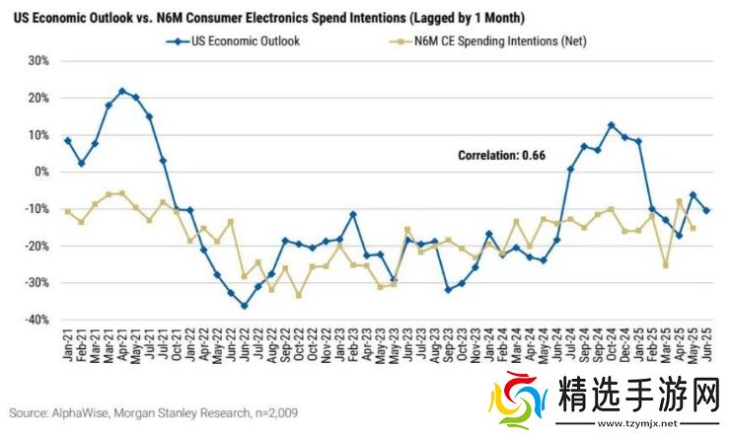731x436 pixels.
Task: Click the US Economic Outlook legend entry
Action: tap(242, 41)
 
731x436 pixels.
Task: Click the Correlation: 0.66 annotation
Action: tap(500, 155)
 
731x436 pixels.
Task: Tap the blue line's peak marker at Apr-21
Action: tap(121, 91)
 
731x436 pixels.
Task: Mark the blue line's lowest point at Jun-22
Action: tap(244, 306)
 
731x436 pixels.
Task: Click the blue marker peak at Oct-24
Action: tap(612, 125)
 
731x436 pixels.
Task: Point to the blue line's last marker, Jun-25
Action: tap(706, 210)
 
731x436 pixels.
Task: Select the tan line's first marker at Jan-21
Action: tap(67, 212)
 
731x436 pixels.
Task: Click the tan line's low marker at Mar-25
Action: tap(666, 265)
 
